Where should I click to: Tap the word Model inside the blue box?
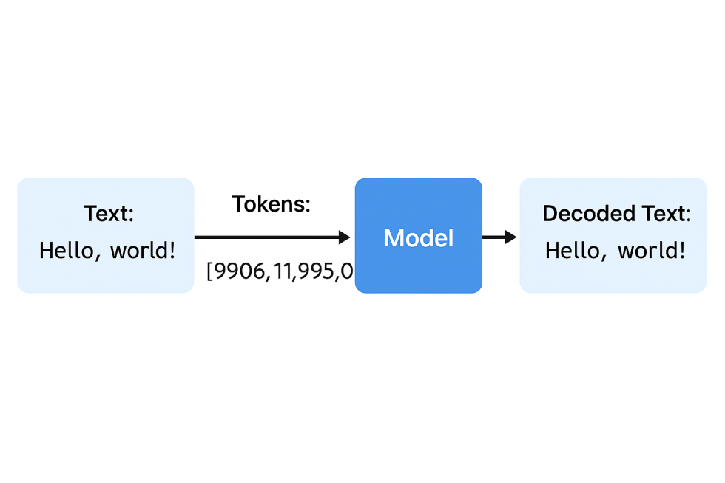point(418,238)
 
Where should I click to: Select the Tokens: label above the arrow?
point(271,204)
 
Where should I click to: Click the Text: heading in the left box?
point(109,214)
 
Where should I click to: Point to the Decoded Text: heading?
point(616,214)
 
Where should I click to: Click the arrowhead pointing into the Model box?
point(343,237)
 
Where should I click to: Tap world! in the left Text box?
point(143,251)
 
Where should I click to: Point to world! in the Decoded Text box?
point(652,251)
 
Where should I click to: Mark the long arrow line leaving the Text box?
point(266,237)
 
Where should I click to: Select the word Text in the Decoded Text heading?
point(664,214)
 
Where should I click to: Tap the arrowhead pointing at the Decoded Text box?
point(510,237)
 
